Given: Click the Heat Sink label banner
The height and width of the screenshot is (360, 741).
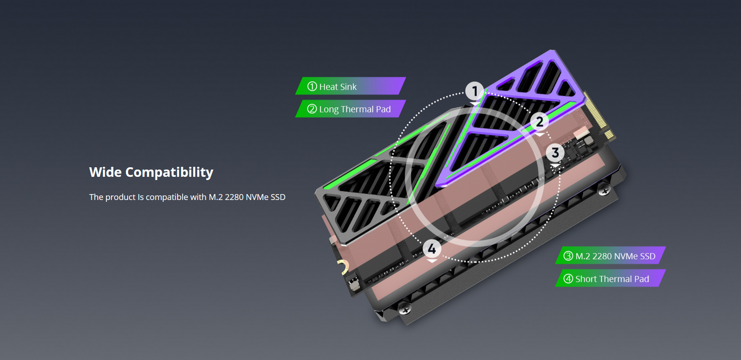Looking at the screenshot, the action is tap(351, 86).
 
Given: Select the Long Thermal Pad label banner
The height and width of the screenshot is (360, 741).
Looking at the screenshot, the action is tap(351, 109).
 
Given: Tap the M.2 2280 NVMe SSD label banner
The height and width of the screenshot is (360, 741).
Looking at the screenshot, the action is tap(611, 255).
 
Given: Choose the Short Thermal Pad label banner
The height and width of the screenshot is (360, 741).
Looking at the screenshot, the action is tap(611, 278).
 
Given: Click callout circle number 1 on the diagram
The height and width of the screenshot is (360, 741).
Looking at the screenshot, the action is tap(475, 91).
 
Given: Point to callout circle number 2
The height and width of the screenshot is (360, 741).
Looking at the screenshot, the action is tap(540, 122).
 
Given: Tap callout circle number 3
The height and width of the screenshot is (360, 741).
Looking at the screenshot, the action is tap(555, 153).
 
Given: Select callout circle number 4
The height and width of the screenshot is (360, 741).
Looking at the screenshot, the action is tap(432, 249).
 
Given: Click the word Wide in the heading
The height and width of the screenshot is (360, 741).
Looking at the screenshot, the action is tap(105, 172).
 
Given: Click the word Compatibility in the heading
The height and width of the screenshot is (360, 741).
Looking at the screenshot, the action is tap(169, 173).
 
